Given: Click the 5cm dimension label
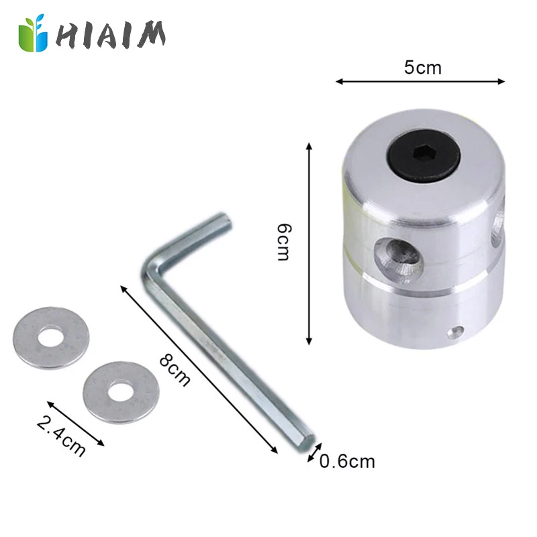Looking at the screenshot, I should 423,68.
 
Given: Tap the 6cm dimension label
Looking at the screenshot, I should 285,244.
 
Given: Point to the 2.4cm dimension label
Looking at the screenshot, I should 61,437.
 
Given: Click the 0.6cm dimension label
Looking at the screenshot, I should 347,462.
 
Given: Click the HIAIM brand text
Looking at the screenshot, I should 111,34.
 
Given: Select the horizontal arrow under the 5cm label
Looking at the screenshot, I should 420,82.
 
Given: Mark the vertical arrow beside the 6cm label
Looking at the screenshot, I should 309,244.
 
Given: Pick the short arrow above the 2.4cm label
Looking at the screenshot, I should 76,424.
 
